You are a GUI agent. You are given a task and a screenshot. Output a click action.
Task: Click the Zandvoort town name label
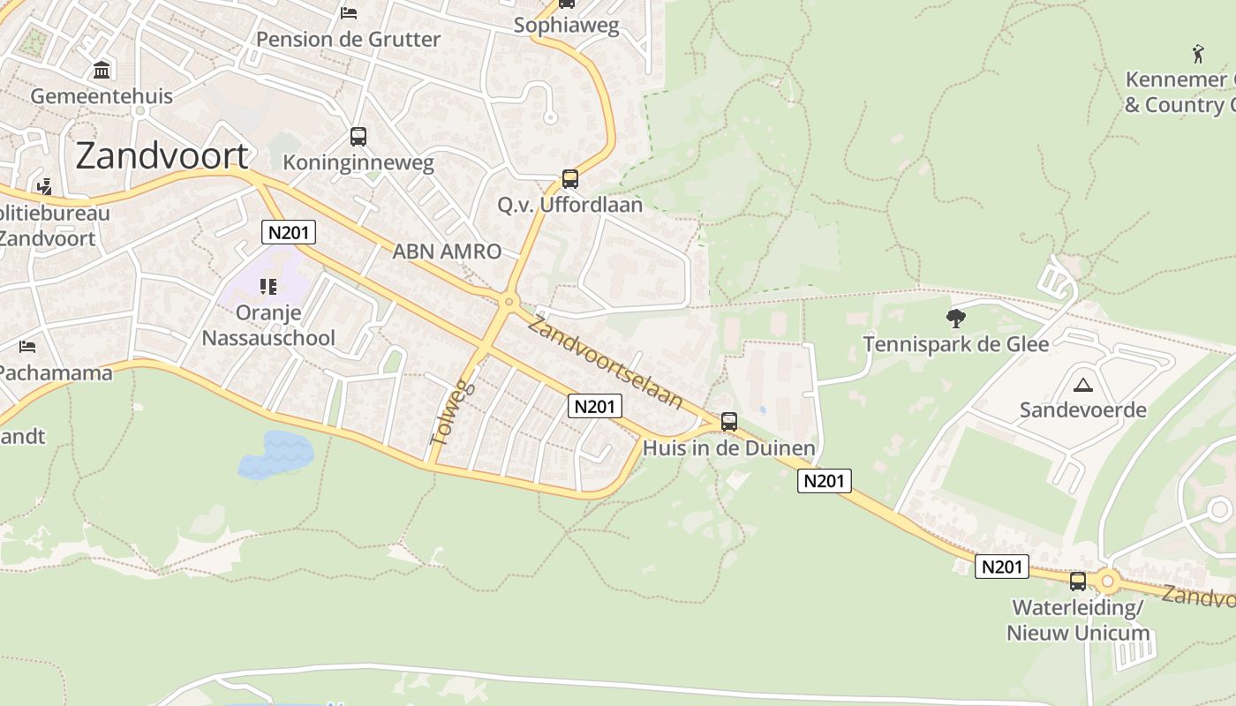point(162,155)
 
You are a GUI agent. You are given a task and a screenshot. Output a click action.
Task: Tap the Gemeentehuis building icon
point(102,70)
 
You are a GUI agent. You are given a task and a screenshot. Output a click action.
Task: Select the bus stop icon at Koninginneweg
point(358,137)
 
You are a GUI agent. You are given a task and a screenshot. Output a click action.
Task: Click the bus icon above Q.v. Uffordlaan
point(570,179)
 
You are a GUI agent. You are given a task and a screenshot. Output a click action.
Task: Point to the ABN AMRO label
point(447,252)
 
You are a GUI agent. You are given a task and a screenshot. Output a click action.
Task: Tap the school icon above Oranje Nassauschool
point(268,287)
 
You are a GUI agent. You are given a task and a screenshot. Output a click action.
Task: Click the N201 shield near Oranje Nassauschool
point(289,233)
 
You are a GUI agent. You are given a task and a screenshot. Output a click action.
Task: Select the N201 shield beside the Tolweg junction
point(595,406)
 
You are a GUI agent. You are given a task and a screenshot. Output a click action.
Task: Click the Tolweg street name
point(452,413)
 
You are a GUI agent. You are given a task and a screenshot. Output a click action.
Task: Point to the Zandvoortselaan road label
point(606,362)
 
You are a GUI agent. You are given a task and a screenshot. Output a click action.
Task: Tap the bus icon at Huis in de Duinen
point(729,422)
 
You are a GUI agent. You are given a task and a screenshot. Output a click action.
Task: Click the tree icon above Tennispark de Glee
point(955,319)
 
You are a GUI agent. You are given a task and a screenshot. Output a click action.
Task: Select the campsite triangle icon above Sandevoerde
point(1082,384)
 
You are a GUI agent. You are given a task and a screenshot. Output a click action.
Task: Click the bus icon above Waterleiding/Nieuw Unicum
point(1078,582)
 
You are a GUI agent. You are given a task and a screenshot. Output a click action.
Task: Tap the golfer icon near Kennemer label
point(1198,54)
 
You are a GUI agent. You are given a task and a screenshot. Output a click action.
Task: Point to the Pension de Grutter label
point(348,40)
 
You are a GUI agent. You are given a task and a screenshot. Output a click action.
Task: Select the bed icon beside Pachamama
point(27,347)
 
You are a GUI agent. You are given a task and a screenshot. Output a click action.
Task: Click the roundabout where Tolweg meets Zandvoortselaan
point(508,303)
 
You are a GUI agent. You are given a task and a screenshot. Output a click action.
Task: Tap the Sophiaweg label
point(566,25)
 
